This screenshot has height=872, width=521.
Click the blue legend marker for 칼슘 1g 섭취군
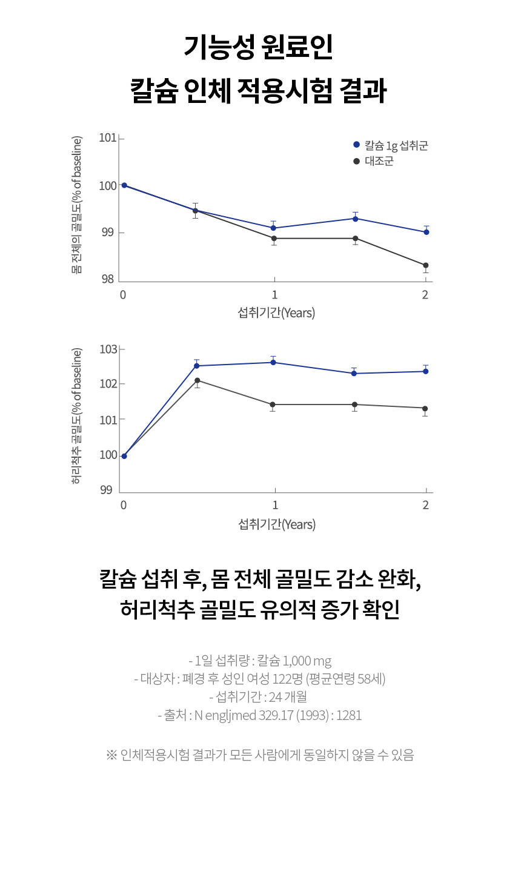point(356,145)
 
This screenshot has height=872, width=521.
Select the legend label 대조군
point(379,161)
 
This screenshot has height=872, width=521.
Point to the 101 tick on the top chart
point(108,138)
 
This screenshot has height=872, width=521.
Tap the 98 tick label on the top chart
point(108,280)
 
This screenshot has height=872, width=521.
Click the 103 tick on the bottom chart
point(108,349)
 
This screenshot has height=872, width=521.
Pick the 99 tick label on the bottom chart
point(107,490)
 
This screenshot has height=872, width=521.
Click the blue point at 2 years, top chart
point(426,232)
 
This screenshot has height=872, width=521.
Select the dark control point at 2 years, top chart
point(426,265)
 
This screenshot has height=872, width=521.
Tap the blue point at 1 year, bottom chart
point(274,362)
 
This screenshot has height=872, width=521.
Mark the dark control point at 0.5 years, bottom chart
point(197,380)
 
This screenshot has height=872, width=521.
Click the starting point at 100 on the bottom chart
point(124,456)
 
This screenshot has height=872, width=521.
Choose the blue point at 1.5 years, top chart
point(355,218)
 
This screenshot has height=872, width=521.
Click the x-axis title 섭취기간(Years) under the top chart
point(276,313)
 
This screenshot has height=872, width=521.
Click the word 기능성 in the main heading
point(217,48)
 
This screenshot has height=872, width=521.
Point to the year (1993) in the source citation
point(314,715)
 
